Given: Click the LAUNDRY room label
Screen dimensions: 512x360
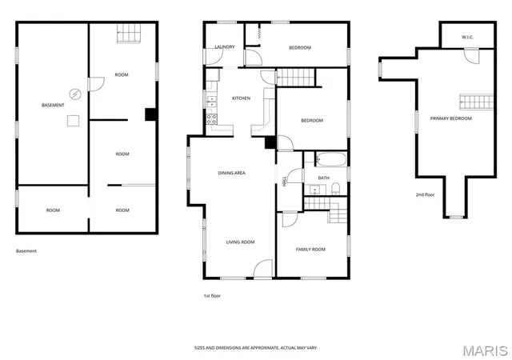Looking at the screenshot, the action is coord(225,47).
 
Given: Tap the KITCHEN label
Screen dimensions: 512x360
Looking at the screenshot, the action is coord(242,98).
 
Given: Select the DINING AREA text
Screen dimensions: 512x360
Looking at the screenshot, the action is coord(231,173).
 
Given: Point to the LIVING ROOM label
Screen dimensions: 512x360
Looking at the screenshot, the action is coord(240,242).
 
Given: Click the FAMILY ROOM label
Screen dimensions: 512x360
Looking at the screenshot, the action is coord(310,250).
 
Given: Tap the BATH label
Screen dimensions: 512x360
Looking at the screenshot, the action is coord(323,178).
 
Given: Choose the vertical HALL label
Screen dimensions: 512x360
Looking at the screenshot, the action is coord(284,182).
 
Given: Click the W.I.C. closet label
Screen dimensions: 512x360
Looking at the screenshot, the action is coord(467,38).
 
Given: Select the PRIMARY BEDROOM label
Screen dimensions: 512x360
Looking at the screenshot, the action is coord(451,118).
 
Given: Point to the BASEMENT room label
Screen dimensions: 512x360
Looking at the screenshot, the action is coord(53,105).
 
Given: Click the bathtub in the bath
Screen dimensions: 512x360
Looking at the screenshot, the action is coord(330,159).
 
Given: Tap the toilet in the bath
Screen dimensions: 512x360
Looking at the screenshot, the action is coord(336,189).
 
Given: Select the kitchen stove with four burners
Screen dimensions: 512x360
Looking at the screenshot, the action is coord(211,119).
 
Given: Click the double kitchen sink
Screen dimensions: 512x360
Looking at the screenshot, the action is coord(211,102).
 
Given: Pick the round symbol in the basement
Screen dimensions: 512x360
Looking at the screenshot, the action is coord(75,94).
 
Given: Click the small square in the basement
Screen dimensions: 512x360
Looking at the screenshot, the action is coord(73,121).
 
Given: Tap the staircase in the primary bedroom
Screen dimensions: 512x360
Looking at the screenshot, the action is coord(477,102).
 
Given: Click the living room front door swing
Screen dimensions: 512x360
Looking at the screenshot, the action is coord(263,269).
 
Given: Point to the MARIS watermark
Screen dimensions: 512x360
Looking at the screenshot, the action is coord(486,351).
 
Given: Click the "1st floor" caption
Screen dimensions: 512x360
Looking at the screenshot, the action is coord(212,296).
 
